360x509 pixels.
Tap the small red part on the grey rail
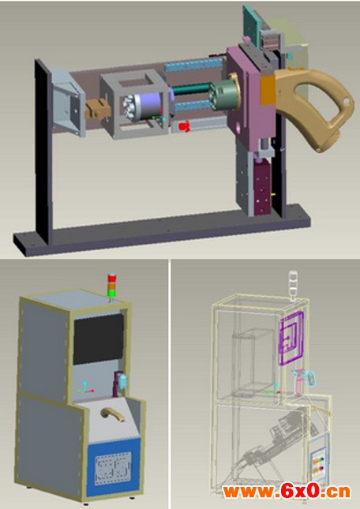click(x=185, y=126)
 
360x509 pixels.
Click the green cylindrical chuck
click(x=222, y=94)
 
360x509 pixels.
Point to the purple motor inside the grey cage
click(x=150, y=105)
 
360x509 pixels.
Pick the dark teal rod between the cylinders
click(x=192, y=88)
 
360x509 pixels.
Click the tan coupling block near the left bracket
click(x=97, y=110)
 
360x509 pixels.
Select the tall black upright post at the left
click(x=43, y=151)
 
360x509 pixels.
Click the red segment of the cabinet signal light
click(x=111, y=278)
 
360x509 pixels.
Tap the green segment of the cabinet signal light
click(x=111, y=293)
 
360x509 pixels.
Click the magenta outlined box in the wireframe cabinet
click(x=291, y=338)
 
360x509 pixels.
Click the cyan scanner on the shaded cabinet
click(x=123, y=381)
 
